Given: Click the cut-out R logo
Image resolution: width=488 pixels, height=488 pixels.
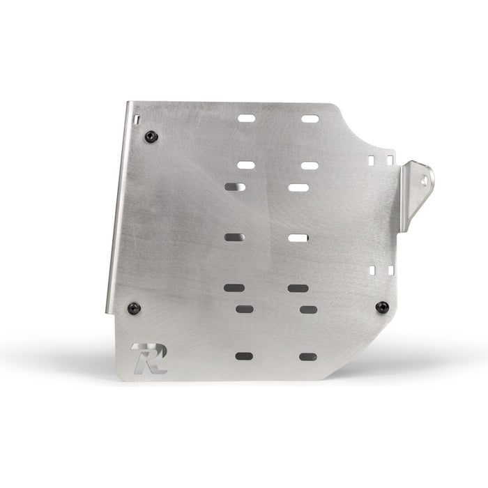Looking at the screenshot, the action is click(150, 358).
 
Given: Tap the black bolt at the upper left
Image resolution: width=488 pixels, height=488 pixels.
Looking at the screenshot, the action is click(151, 137).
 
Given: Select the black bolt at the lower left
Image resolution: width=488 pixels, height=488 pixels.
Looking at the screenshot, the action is click(134, 308).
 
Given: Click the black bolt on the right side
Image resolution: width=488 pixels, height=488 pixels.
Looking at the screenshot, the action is click(382, 307).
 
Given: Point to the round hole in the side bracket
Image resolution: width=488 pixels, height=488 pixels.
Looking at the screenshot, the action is click(425, 181).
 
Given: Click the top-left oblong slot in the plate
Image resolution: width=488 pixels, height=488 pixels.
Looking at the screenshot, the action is click(247, 119).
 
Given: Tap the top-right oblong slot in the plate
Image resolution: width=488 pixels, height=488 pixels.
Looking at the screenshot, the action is click(310, 119).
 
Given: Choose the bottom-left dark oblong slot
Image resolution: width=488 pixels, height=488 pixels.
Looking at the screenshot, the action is click(244, 356).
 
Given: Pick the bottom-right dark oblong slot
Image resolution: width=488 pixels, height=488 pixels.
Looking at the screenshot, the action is click(308, 357).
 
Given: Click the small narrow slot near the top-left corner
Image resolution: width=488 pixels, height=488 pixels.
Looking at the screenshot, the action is click(138, 119).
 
